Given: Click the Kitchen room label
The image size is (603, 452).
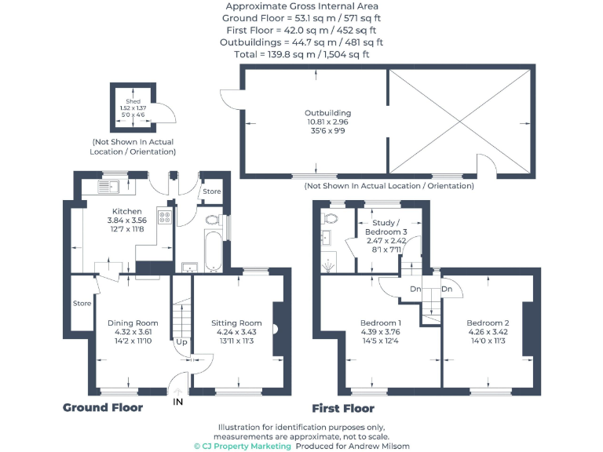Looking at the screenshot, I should [126, 211].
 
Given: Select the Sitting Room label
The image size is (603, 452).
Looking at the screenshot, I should [236, 323].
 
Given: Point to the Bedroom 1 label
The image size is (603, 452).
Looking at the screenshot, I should [381, 323].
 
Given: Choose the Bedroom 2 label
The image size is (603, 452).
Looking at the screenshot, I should [488, 323].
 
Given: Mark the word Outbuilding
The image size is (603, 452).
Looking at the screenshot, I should [327, 113].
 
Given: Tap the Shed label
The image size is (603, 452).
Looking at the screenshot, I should [133, 101].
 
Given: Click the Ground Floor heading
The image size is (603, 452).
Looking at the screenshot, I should [103, 407].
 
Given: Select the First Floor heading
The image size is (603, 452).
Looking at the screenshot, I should [343, 408].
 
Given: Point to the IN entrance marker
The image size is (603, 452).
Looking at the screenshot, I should [177, 401].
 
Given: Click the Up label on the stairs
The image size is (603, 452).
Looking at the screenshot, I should [181, 342].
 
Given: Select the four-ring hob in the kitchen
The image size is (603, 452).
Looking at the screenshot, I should [166, 217].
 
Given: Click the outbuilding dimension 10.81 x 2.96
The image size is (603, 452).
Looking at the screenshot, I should [327, 122].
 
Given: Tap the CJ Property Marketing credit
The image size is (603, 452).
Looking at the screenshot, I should [243, 446].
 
